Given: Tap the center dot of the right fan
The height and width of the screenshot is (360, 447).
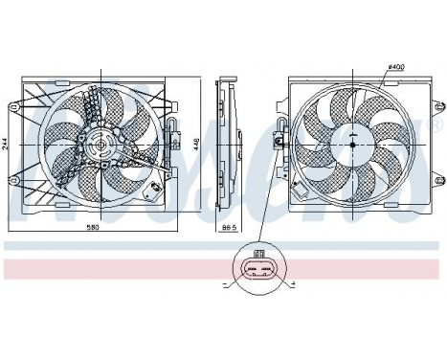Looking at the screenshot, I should click(x=351, y=145).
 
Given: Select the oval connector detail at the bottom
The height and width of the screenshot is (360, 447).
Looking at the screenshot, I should click(x=257, y=271).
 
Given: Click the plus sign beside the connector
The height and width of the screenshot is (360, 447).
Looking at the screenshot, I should click(x=292, y=286).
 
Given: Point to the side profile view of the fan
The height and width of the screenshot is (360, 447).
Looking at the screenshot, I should click(x=228, y=144).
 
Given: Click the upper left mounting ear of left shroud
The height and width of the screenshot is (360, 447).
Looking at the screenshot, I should click(x=16, y=102).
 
